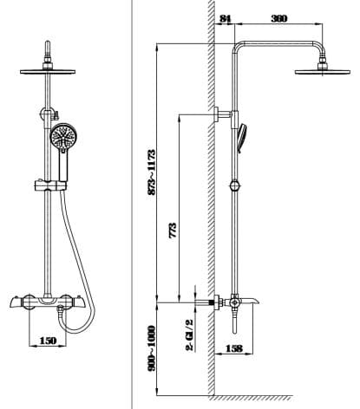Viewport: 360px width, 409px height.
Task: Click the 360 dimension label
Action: click(x=279, y=18)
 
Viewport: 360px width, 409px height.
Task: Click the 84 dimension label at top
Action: click(x=226, y=18)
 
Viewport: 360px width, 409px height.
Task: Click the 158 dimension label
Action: click(x=233, y=350)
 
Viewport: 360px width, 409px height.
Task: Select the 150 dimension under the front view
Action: click(x=49, y=341)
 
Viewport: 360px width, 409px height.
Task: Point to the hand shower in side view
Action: click(x=246, y=133)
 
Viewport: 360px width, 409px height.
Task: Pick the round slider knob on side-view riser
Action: click(x=233, y=183)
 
